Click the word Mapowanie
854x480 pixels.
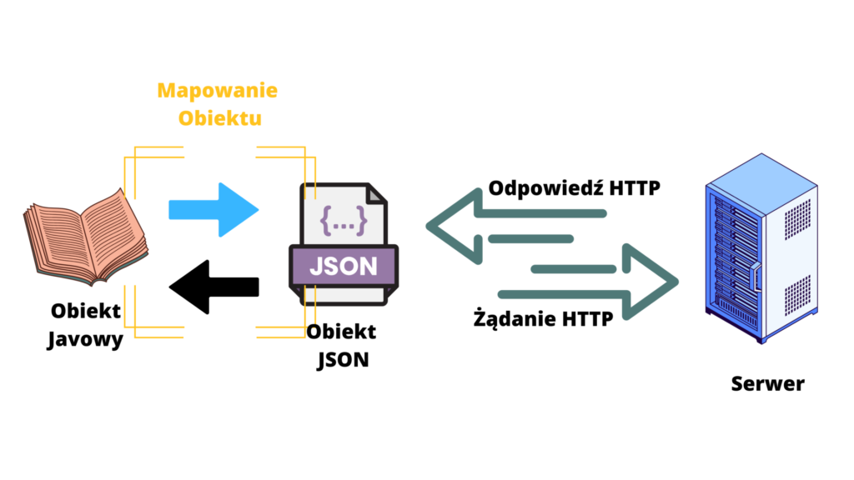coord(218,90)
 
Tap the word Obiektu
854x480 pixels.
coord(220,117)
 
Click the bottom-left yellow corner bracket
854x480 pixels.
coord(142,321)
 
